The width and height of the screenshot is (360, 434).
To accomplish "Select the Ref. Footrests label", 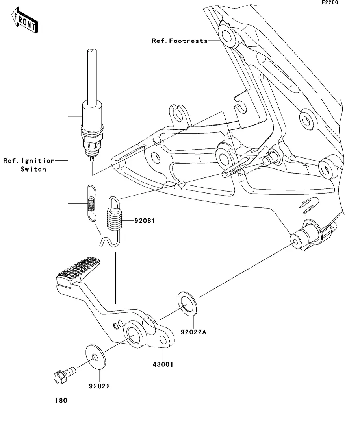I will tap(180, 41).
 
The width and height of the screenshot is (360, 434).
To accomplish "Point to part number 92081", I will tap(145, 221).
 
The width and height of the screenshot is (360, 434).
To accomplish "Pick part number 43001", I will tap(163, 364).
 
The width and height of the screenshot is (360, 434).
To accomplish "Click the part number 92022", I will tap(99, 386).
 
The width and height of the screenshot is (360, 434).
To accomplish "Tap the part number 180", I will tap(61, 400).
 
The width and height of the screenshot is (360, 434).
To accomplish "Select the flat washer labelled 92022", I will tap(96, 357).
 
